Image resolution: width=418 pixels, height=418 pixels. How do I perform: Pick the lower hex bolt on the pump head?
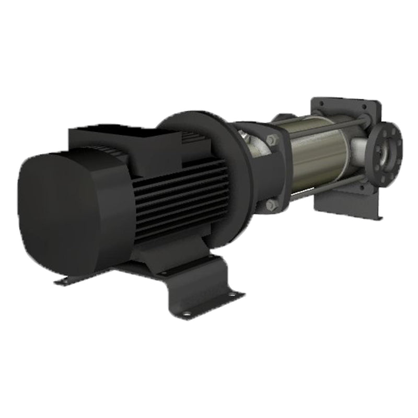click(x=270, y=205)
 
